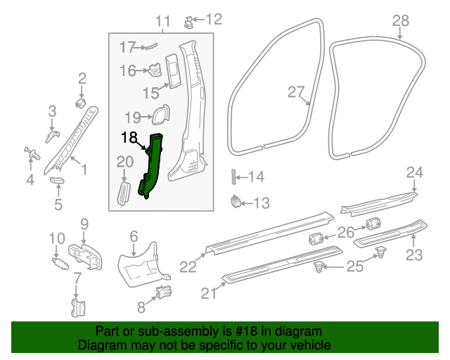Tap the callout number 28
click(400, 20)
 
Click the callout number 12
click(213, 18)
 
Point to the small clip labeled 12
click(188, 21)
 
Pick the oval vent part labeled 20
click(124, 193)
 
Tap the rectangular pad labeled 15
click(172, 68)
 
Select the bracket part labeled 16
click(154, 70)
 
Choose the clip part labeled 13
click(236, 203)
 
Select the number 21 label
click(209, 294)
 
